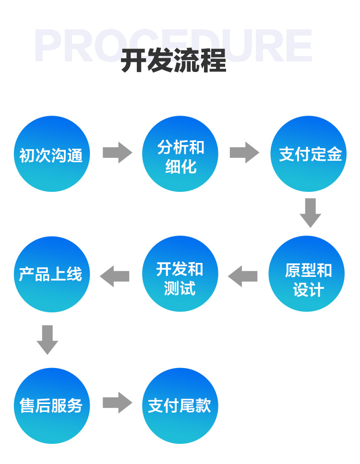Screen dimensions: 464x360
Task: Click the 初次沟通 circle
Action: [52, 154]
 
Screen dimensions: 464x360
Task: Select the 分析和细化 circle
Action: [180, 154]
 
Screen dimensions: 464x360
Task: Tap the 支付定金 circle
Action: [309, 154]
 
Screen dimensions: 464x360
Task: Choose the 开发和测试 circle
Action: [180, 274]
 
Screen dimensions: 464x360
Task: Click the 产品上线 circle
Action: [52, 274]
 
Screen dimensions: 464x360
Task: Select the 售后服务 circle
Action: [52, 405]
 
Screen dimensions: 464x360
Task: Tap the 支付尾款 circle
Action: [180, 405]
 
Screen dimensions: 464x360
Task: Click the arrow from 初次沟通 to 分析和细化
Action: [117, 153]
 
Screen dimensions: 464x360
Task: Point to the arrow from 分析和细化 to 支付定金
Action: [244, 153]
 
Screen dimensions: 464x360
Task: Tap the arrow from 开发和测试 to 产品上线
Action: [115, 276]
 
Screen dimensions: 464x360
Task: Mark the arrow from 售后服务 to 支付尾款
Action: [117, 403]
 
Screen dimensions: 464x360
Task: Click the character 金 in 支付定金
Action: [334, 155]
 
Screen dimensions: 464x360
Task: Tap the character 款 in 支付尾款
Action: [203, 406]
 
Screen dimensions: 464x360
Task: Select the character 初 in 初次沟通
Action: [27, 155]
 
